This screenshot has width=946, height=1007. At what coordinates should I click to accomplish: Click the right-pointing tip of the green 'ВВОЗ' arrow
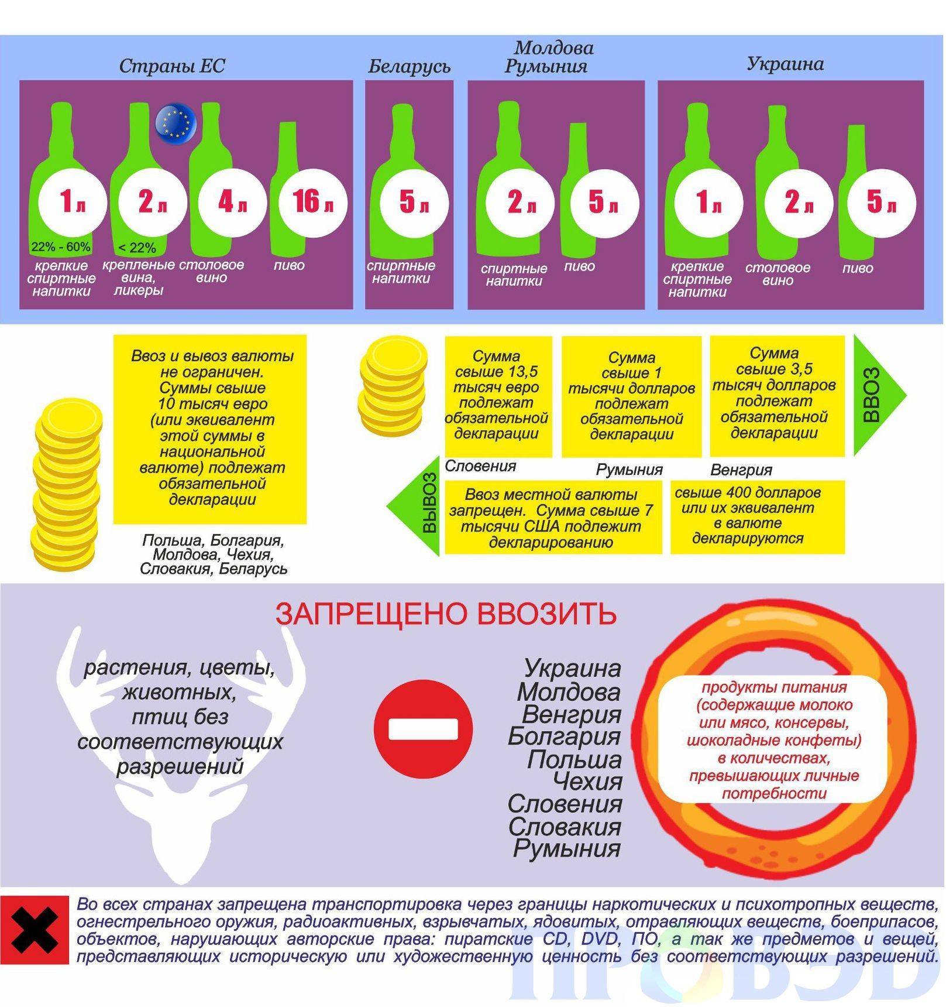coord(906,396)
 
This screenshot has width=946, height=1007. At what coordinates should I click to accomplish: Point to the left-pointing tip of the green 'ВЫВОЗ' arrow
coord(386,505)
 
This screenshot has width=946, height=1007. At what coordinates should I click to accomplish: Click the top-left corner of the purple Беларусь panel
coord(365,80)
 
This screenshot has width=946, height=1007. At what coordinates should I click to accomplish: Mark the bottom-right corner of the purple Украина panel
coord(924,309)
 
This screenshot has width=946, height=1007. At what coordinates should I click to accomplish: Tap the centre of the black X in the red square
coord(35,930)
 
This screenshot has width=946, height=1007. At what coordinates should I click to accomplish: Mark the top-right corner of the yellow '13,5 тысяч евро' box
coord(552,336)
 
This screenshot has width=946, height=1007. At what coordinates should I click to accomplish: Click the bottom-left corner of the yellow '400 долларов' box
coord(671,553)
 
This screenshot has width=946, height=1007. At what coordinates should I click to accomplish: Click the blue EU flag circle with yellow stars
coord(176,122)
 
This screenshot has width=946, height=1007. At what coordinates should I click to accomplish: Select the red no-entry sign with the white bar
coord(423,728)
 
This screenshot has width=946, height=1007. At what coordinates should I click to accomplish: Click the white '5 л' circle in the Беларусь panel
coord(414,202)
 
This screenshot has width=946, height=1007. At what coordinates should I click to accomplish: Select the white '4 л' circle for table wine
coord(232,202)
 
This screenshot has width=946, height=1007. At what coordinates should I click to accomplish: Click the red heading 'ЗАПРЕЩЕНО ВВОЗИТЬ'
coord(446,614)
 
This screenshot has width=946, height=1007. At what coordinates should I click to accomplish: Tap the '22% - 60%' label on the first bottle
coord(61,246)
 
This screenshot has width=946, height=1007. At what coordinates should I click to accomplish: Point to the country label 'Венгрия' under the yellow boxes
coord(741,470)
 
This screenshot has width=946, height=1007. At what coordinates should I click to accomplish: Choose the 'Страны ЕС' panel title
coord(172,66)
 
